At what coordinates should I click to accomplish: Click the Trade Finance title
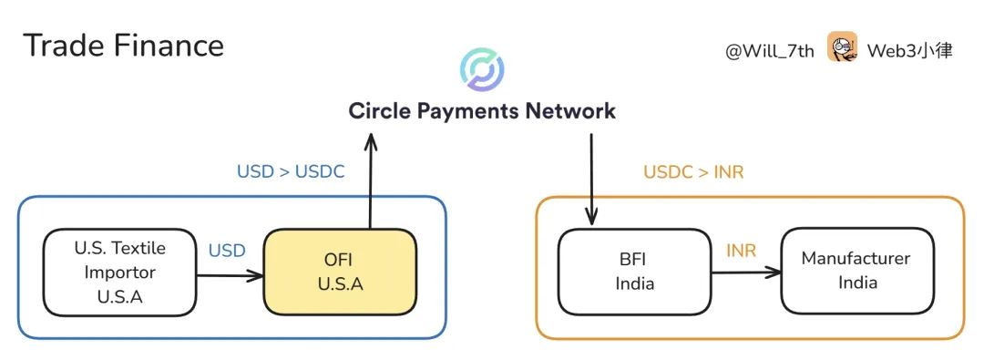[x=123, y=46]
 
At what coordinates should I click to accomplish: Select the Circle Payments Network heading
[x=482, y=111]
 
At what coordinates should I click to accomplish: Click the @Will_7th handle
[x=769, y=51]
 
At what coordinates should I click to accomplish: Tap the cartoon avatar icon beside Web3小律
[x=842, y=47]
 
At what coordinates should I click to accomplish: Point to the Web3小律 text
[x=909, y=51]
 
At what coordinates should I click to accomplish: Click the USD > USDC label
[x=291, y=171]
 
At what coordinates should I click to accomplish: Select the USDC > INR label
[x=693, y=171]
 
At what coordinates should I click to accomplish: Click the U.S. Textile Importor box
[x=120, y=272]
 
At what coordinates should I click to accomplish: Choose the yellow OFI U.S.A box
[x=340, y=272]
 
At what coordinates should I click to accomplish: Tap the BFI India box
[x=634, y=272]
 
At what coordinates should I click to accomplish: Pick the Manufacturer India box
[x=857, y=271]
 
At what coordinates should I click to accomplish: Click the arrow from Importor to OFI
[x=230, y=273]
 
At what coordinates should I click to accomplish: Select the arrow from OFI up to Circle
[x=370, y=182]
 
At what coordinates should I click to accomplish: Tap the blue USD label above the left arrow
[x=227, y=250]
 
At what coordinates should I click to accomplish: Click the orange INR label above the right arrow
[x=741, y=250]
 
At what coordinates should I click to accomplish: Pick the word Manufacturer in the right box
[x=856, y=259]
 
